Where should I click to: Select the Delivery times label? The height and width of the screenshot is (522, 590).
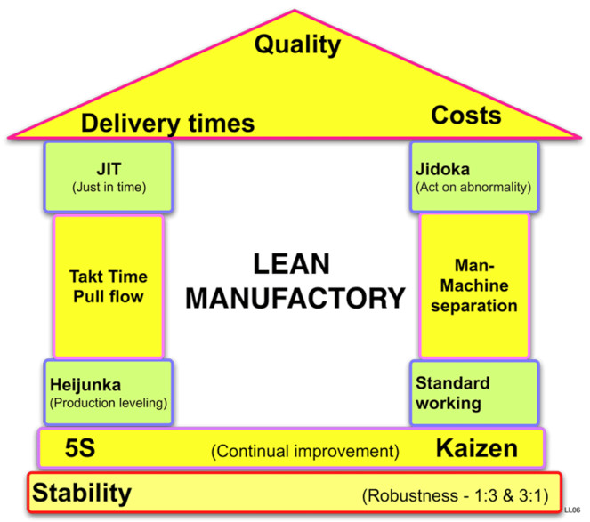pos(169,122)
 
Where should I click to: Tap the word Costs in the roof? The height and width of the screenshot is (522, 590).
pos(465,115)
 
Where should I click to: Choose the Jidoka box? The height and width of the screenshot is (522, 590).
pos(473,176)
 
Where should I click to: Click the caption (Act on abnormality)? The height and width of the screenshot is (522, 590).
pos(473,188)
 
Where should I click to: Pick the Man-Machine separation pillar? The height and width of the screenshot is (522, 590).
pos(473,285)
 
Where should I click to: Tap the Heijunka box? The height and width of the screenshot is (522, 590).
pos(109,392)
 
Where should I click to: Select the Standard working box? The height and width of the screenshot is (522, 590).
pos(473,392)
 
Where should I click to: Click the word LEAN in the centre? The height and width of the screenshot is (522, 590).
pos(290,264)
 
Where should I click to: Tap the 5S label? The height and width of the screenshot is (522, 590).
pos(71,449)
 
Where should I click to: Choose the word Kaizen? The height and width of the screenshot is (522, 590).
pos(476,449)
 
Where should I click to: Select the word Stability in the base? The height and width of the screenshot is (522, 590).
pos(83,492)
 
